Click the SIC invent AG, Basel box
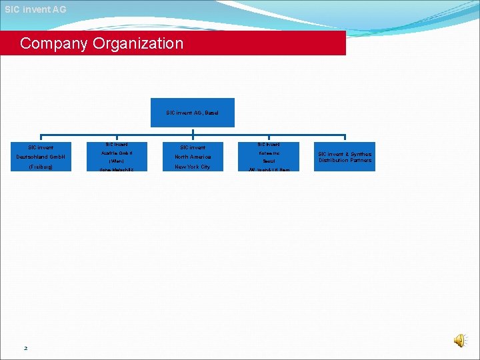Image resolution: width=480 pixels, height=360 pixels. [193, 113]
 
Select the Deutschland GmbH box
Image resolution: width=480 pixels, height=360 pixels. [41, 157]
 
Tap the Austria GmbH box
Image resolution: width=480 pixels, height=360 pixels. [117, 157]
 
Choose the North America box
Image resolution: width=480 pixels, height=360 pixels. [193, 157]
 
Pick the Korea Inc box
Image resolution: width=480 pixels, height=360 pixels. [269, 157]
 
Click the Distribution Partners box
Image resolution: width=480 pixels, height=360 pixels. [345, 157]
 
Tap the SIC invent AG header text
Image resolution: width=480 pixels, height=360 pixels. [35, 9]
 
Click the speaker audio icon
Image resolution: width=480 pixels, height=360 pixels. [460, 341]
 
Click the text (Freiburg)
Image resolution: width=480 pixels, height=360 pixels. [41, 167]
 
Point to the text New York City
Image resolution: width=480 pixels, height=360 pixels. [193, 167]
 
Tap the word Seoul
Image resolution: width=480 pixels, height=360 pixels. [269, 161]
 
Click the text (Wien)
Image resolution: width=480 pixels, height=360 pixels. [117, 161]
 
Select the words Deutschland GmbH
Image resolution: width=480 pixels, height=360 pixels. [41, 157]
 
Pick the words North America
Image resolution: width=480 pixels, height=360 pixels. [193, 157]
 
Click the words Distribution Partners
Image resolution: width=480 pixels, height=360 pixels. [345, 161]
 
